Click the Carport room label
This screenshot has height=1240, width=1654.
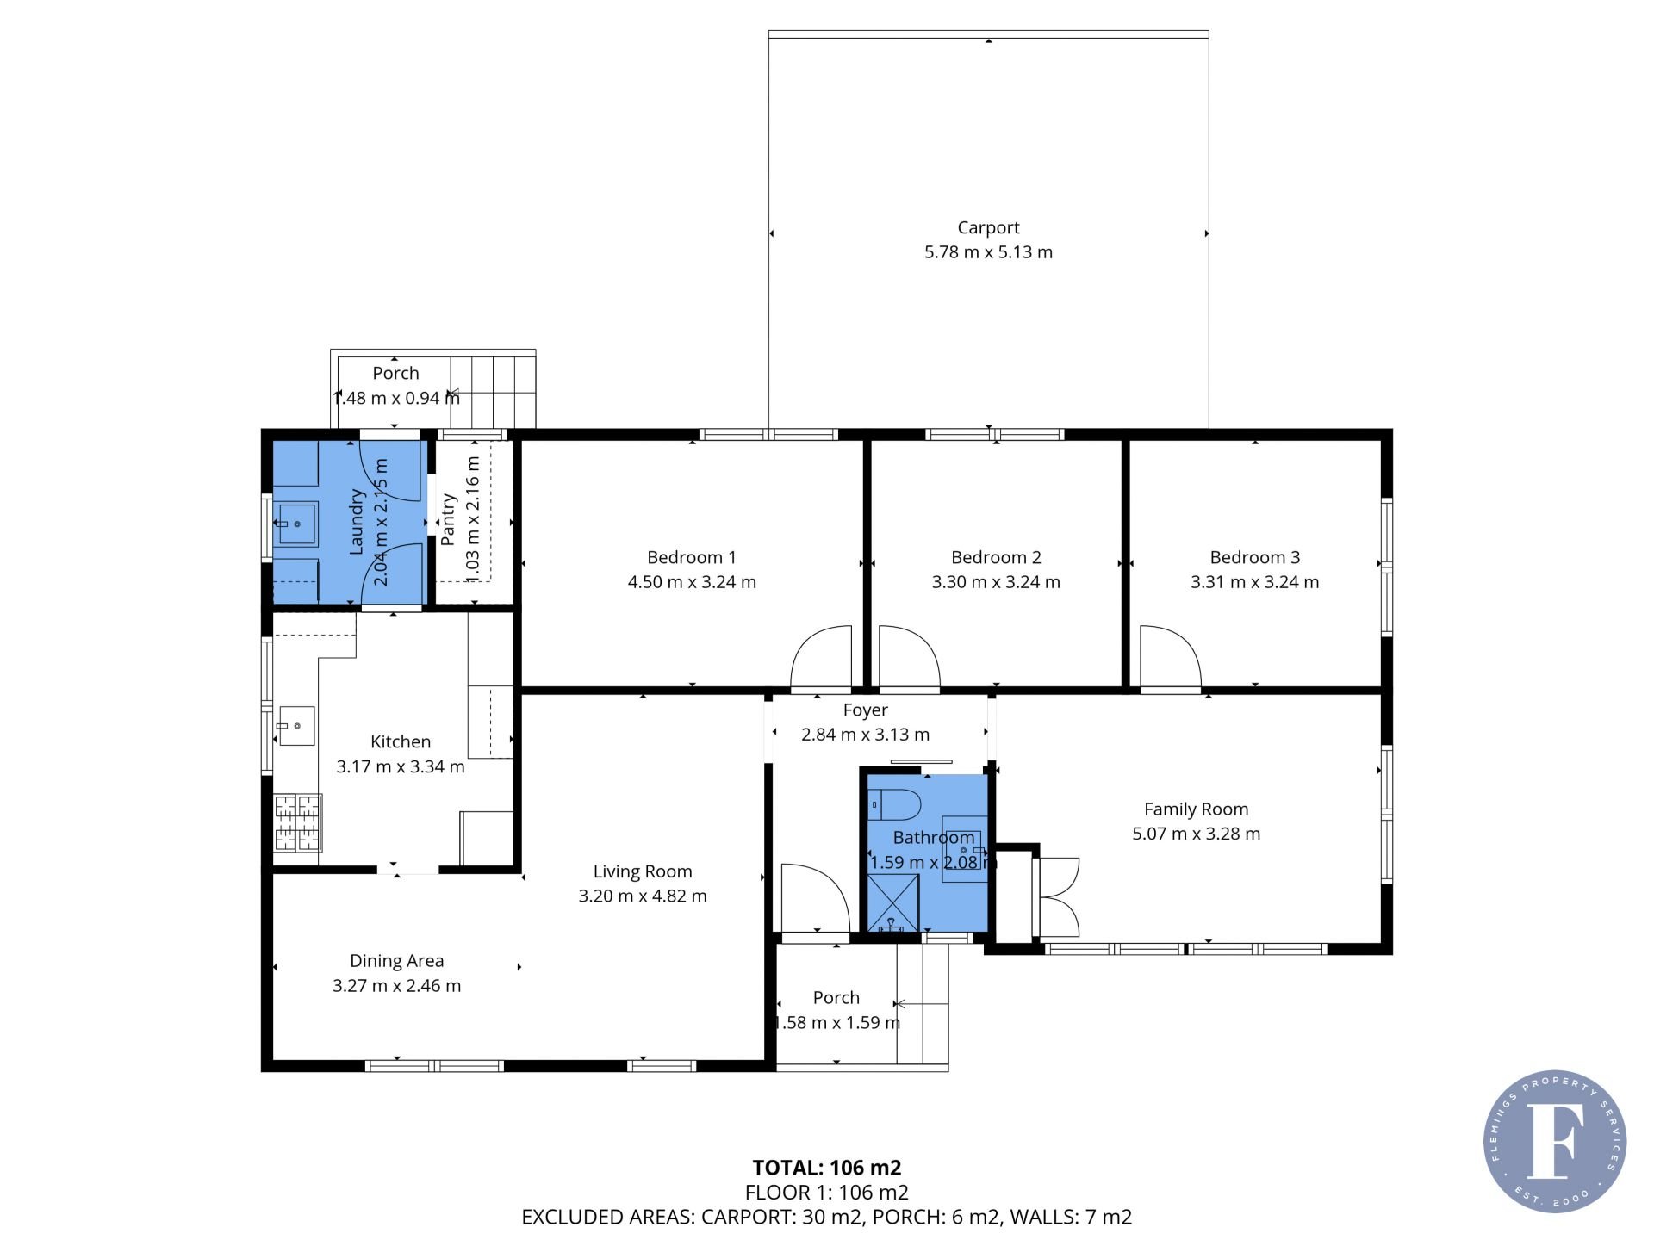988,227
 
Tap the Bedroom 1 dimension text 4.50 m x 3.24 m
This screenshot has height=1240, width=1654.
692,582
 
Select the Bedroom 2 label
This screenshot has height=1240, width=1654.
996,557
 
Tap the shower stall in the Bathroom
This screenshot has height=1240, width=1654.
892,903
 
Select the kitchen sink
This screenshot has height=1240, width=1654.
295,726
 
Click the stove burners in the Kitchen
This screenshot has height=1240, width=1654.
297,823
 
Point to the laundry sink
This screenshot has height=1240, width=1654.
295,524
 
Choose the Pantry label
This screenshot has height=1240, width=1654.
447,520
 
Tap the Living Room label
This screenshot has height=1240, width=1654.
643,871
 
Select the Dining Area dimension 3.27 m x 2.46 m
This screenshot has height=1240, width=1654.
397,986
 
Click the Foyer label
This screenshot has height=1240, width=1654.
866,710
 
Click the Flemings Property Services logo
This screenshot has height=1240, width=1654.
1555,1141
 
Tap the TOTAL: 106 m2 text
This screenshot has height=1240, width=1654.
827,1168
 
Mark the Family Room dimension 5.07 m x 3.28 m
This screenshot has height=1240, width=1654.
1197,834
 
